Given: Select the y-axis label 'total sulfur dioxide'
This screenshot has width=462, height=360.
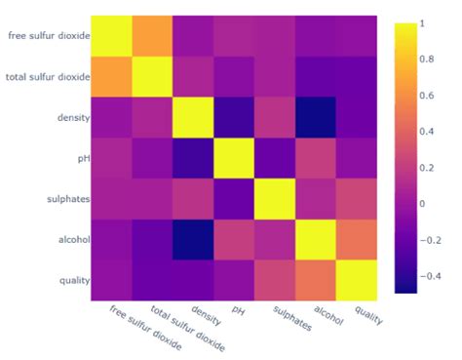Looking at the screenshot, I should tap(48, 77).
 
